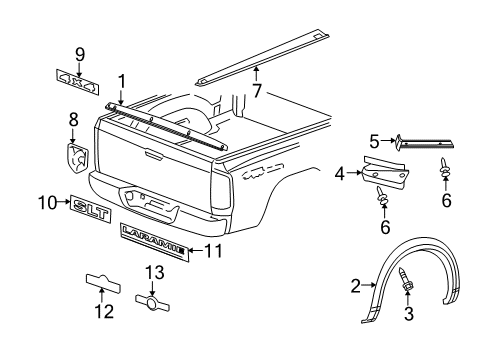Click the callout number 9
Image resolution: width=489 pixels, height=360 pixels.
(80, 54)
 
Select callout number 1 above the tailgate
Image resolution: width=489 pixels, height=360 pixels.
(121, 82)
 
